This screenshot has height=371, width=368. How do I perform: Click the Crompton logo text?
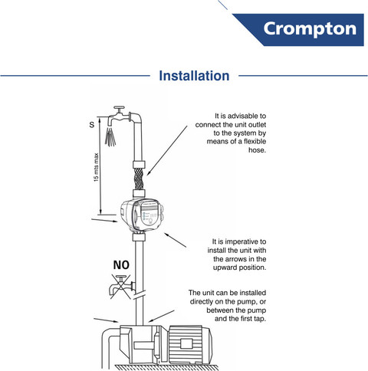pyautogui.click(x=310, y=28)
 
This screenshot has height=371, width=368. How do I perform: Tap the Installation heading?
pyautogui.click(x=194, y=76)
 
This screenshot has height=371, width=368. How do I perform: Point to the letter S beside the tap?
pyautogui.click(x=92, y=125)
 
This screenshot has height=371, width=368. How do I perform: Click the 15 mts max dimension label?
pyautogui.click(x=96, y=167)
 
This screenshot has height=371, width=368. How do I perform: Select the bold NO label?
pyautogui.click(x=121, y=265)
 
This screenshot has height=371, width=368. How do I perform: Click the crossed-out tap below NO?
pyautogui.click(x=121, y=286)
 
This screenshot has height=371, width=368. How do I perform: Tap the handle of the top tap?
pyautogui.click(x=119, y=109)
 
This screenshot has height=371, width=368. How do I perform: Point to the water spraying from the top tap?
pyautogui.click(x=110, y=136)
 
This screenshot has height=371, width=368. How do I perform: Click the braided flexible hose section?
pyautogui.click(x=139, y=179)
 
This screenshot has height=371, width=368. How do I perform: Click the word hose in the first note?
pyautogui.click(x=257, y=150)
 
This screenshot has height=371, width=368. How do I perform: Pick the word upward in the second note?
pyautogui.click(x=225, y=268)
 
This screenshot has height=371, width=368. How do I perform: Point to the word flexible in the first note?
pyautogui.click(x=255, y=141)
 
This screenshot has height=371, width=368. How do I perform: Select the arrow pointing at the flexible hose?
pyautogui.click(x=167, y=150)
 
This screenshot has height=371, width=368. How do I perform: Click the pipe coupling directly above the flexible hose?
pyautogui.click(x=139, y=164)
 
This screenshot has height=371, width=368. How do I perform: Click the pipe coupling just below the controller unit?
pyautogui.click(x=139, y=237)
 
